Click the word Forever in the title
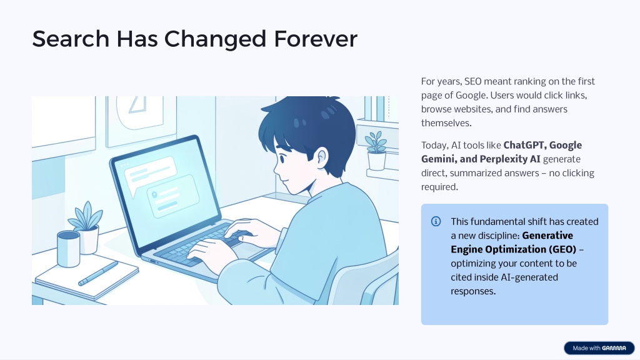coord(316,39)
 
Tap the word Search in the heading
coord(71,39)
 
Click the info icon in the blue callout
coord(436,221)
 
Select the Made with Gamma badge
coord(599,348)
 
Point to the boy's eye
coord(282,157)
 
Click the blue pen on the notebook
coord(98,274)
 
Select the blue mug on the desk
coord(69,249)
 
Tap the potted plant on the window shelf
coord(376,151)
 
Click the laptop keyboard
coord(201,245)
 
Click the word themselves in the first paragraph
coord(446,123)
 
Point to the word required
coord(439,187)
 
